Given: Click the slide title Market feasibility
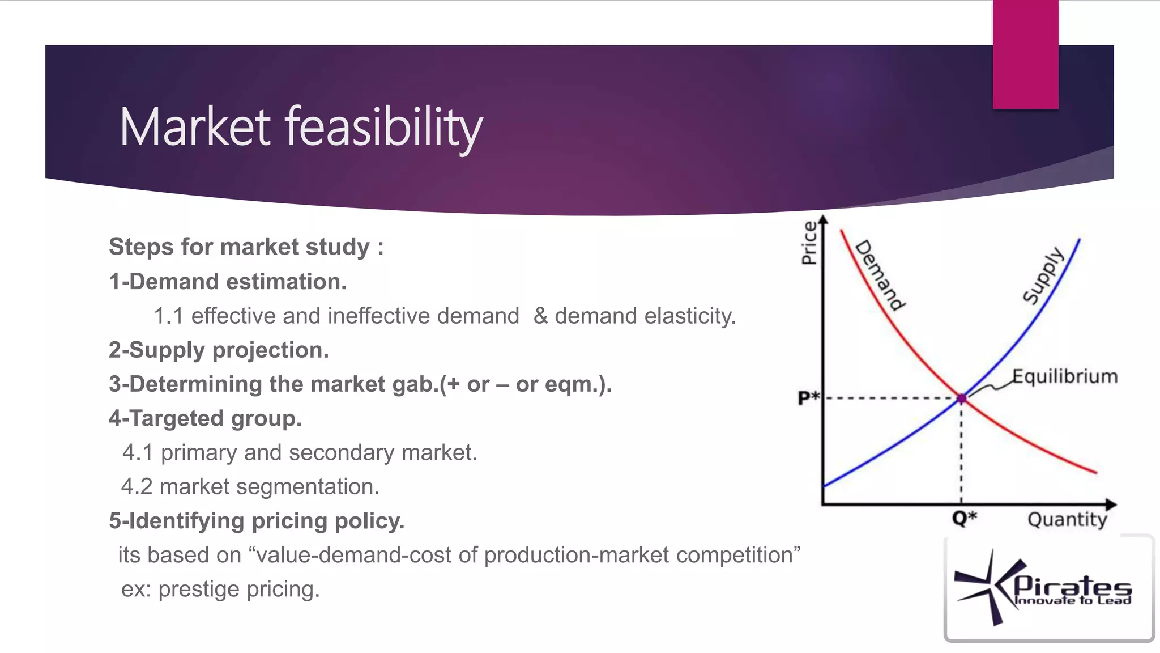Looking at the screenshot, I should [x=301, y=127].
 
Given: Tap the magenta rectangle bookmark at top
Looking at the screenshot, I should [x=1025, y=54].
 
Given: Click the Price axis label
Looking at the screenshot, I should [x=809, y=243].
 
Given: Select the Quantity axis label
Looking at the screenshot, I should [x=1067, y=519].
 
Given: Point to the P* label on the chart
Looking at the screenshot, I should [x=808, y=397].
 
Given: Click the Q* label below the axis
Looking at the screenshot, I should [x=964, y=518].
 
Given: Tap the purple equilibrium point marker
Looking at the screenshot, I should [x=961, y=398].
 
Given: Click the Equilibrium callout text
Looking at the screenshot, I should [x=1065, y=376].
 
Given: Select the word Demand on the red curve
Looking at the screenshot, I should [x=880, y=275].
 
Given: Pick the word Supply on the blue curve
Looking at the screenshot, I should [x=1043, y=275].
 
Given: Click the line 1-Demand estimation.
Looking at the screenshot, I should [x=228, y=282].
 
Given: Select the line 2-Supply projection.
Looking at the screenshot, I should [x=219, y=350].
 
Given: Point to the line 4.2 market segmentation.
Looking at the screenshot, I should [x=250, y=486].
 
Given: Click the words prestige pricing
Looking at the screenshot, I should [x=238, y=589].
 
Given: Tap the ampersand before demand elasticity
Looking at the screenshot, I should [x=540, y=316].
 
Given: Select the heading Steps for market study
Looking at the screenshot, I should [x=246, y=247].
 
